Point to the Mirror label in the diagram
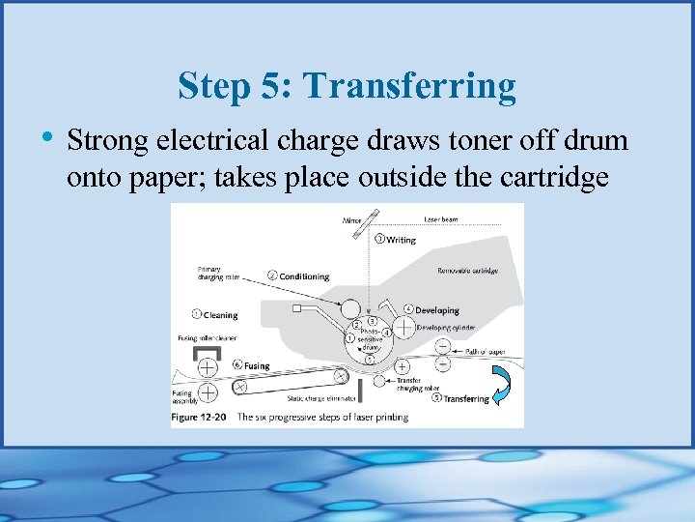[352, 219]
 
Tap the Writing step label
[400, 240]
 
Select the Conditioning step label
[303, 276]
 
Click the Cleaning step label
[220, 314]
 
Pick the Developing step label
[436, 310]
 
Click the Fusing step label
[256, 366]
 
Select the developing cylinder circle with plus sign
[402, 327]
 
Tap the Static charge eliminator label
[319, 397]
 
